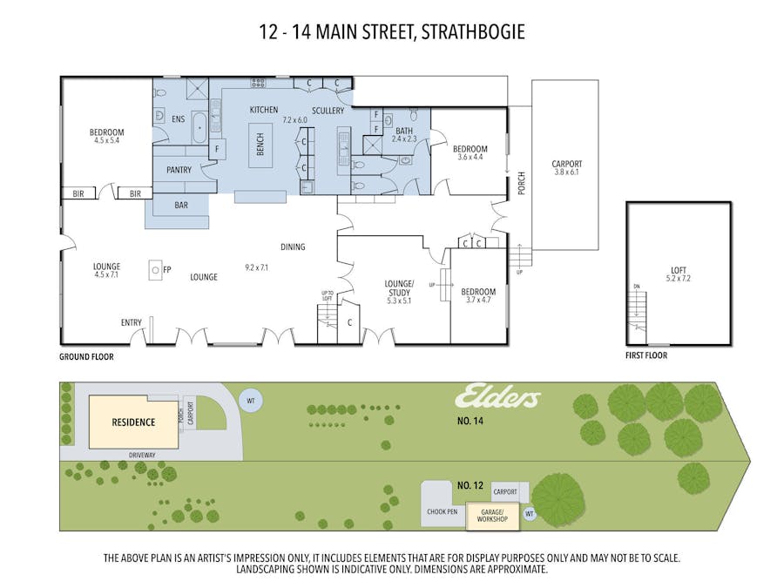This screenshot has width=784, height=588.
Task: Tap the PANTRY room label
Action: pyautogui.click(x=179, y=170)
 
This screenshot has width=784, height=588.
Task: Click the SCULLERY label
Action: pyautogui.click(x=328, y=111)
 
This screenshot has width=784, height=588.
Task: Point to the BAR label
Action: pyautogui.click(x=181, y=206)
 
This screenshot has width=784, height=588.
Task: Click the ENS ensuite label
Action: pyautogui.click(x=178, y=119)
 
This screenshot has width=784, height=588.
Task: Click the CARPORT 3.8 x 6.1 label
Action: pyautogui.click(x=566, y=167)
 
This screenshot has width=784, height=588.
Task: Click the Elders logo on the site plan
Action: pyautogui.click(x=497, y=398)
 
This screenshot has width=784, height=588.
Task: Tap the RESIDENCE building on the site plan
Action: pyautogui.click(x=132, y=422)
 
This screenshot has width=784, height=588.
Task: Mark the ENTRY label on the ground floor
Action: pyautogui.click(x=131, y=323)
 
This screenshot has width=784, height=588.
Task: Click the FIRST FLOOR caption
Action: pyautogui.click(x=646, y=356)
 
